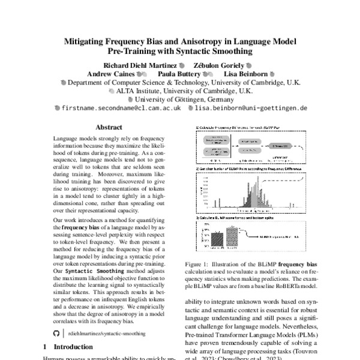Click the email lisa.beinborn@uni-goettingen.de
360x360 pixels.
pyautogui.click(x=251, y=109)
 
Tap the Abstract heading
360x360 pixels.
pyautogui.click(x=109, y=128)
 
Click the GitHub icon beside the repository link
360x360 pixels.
pyautogui.click(x=57, y=331)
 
